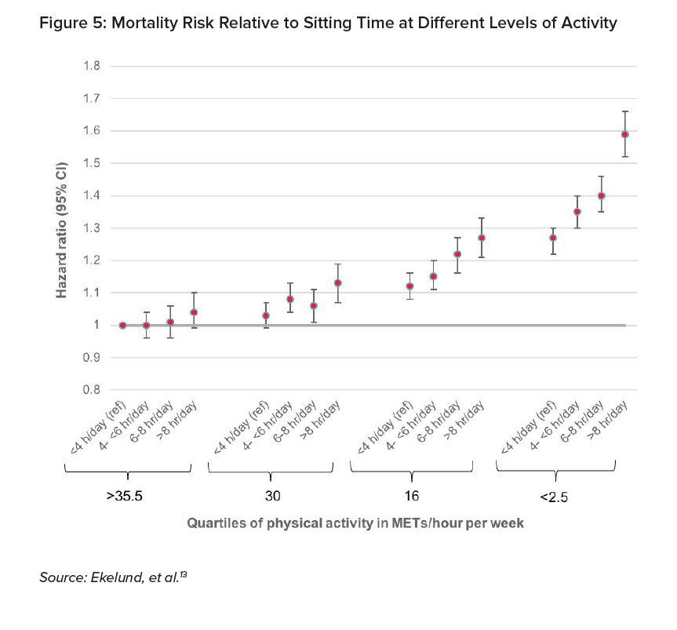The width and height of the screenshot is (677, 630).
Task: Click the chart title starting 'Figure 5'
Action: pyautogui.click(x=328, y=23)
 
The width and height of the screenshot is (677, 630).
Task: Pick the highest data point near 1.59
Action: pyautogui.click(x=625, y=134)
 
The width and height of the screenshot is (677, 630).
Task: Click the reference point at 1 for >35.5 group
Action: pyautogui.click(x=122, y=325)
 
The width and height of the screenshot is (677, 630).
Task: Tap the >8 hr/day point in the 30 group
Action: pyautogui.click(x=338, y=283)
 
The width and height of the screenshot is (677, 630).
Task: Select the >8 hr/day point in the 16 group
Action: pyautogui.click(x=482, y=238)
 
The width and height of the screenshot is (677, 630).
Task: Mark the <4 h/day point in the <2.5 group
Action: pyautogui.click(x=553, y=238)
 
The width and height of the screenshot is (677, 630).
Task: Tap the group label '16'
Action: pyautogui.click(x=413, y=497)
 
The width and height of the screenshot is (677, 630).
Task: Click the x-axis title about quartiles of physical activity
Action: pyautogui.click(x=355, y=522)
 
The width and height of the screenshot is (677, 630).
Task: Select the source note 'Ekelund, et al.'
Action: pyautogui.click(x=115, y=577)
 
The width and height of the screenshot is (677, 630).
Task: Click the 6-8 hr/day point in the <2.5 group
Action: pyautogui.click(x=602, y=195)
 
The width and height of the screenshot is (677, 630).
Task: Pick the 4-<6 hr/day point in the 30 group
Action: pyautogui.click(x=289, y=299)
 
